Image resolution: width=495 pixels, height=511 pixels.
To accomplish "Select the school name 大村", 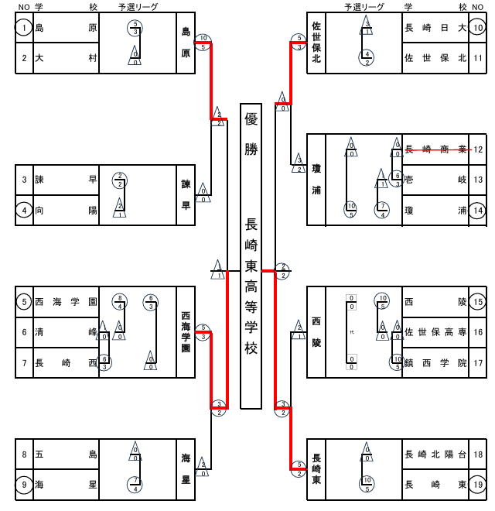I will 66,58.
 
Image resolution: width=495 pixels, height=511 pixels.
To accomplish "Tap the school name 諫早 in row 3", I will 66,180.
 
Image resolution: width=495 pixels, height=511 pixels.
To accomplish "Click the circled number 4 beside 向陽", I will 24,209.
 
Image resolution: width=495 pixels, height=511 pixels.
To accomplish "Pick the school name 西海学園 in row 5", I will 66,302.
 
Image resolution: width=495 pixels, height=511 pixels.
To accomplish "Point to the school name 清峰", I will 66,332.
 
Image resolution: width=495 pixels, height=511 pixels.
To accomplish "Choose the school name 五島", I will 66,454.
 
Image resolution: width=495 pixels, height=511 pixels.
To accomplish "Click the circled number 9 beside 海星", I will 24,485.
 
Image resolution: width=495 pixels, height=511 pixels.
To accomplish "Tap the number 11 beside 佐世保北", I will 478,58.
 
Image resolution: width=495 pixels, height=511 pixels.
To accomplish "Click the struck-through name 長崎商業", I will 435,149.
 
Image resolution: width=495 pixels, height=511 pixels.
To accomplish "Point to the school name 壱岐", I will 435,180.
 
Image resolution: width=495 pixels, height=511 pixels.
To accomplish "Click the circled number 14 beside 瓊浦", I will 478,209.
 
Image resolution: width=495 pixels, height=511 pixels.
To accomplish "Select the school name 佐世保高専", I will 435,332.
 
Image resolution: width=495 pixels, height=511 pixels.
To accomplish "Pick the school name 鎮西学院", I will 435,362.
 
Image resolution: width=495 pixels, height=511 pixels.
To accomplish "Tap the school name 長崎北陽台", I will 435,454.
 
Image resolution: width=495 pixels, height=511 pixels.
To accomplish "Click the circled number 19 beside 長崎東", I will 478,485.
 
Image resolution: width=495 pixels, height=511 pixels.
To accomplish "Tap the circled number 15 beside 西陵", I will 478,302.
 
